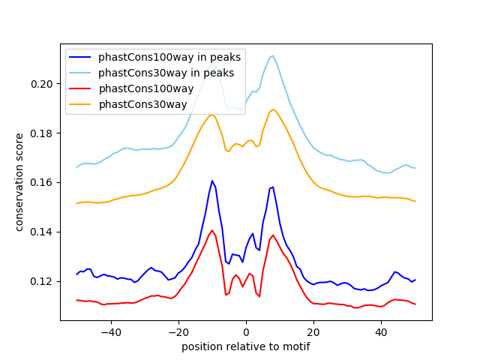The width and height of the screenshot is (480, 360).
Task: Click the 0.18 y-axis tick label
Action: (43, 133)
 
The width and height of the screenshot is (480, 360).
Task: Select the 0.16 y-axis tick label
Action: (43, 182)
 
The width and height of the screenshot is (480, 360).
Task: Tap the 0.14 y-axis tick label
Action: (43, 232)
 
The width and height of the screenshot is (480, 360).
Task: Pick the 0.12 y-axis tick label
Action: (43, 281)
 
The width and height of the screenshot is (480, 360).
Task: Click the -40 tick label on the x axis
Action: (110, 331)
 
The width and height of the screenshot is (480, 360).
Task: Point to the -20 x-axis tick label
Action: (178, 331)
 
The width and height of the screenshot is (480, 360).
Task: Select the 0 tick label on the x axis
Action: (246, 331)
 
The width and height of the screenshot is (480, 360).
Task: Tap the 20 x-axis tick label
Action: (313, 331)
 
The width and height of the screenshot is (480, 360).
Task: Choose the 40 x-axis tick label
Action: (381, 331)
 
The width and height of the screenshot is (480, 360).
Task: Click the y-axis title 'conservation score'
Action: (19, 181)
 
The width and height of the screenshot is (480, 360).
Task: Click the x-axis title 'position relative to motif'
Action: (246, 346)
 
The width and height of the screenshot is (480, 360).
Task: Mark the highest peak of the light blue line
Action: (273, 55)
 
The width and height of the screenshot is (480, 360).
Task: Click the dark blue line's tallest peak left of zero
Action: (212, 181)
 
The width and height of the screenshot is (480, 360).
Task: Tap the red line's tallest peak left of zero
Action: (212, 230)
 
